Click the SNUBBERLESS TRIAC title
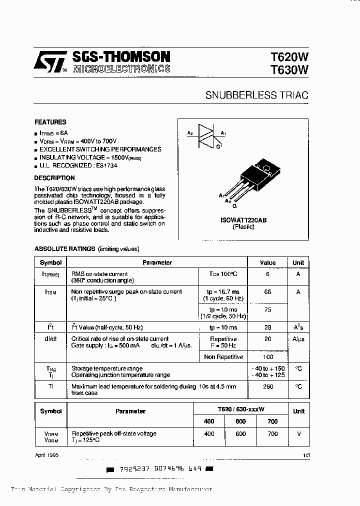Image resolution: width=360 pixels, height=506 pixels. coord(257,95)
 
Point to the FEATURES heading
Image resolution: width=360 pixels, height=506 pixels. coord(50,122)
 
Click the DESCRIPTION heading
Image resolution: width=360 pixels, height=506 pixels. coord(54,178)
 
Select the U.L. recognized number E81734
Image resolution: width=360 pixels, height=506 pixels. coord(106,165)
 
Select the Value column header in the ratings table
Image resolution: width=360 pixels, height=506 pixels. coord(267,262)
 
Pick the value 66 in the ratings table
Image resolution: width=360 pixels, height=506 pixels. coord(267,291)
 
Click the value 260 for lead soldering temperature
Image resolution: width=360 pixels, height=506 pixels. coord(267,386)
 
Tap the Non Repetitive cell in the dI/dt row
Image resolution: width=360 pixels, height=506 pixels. coord(223,357)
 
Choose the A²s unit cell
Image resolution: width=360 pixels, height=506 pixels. coord(298,327)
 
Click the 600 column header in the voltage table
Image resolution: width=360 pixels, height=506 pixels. coord(240,421)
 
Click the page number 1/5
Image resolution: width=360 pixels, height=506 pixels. coord(306,455)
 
